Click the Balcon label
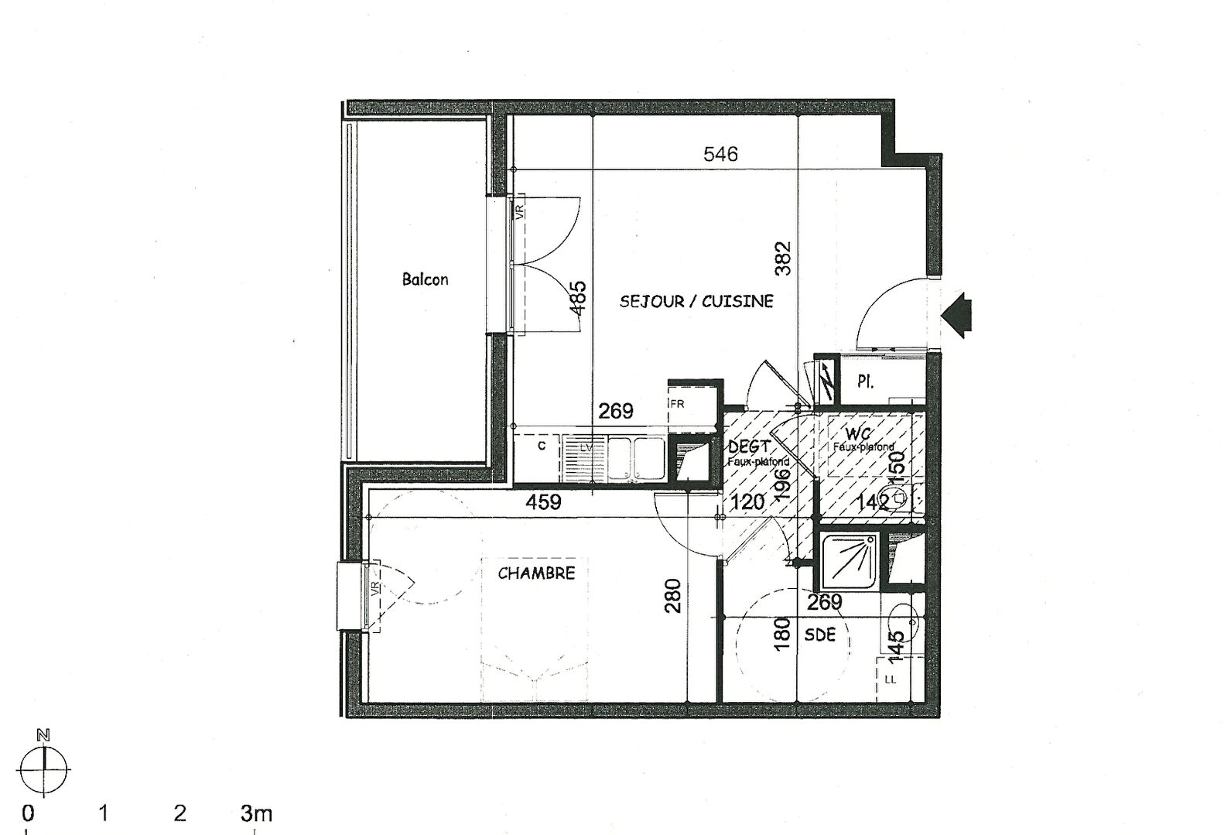[425, 279]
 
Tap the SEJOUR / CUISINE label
[696, 301]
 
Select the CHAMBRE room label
[536, 573]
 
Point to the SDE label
[820, 635]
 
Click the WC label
[858, 433]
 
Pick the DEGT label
[749, 447]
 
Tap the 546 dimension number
[720, 154]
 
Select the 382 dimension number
[783, 259]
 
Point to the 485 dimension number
[578, 297]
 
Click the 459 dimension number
[543, 502]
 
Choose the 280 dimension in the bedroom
[673, 596]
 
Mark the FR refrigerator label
[677, 404]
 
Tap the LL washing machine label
[890, 679]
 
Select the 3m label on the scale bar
[257, 813]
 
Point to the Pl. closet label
[866, 382]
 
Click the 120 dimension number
[747, 502]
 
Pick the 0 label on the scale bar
[28, 813]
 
